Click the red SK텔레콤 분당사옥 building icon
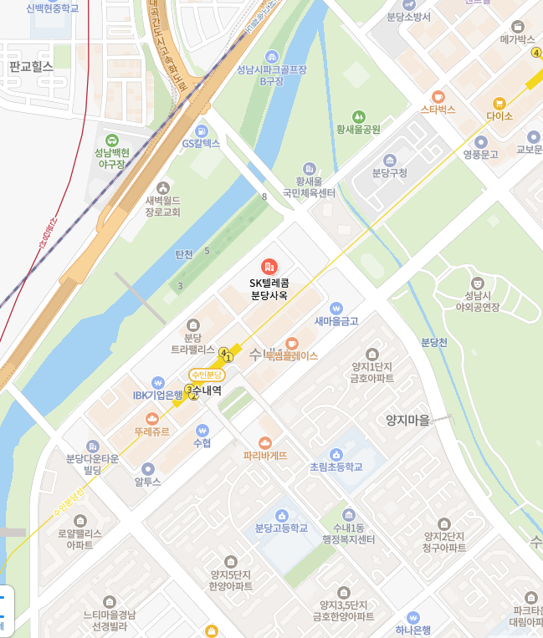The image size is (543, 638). (x=269, y=267)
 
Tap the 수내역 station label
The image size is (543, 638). (x=207, y=390)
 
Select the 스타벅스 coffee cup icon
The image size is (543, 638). (x=438, y=95)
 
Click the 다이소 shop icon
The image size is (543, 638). (x=499, y=103)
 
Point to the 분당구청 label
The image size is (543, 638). (x=389, y=173)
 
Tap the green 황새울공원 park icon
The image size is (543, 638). (x=358, y=116)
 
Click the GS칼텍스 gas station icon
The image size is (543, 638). (x=201, y=131)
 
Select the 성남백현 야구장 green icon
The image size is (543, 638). (x=112, y=140)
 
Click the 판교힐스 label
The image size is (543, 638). (x=30, y=66)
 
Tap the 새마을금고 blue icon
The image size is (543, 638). (x=336, y=308)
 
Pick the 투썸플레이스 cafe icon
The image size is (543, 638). (x=292, y=343)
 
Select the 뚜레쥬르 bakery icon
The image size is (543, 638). (x=152, y=418)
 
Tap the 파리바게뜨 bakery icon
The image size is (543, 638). (x=265, y=442)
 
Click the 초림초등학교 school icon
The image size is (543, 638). (x=336, y=453)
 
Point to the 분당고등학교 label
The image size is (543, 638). (x=281, y=528)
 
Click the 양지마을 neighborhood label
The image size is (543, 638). (x=407, y=421)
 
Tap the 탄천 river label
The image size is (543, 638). (x=184, y=253)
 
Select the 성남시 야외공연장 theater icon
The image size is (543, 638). (x=477, y=283)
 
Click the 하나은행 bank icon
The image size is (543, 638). (x=412, y=617)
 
